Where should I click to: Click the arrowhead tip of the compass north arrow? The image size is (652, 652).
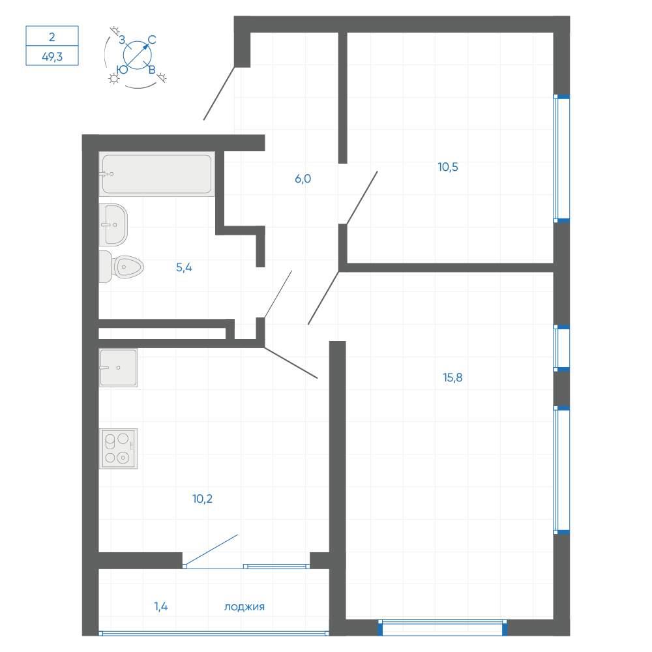tap(149, 44)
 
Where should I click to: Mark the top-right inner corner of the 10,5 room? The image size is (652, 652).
tap(553, 33)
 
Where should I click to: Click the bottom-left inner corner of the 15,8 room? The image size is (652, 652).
tap(346, 619)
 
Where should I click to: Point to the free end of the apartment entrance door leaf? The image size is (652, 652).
tap(203, 120)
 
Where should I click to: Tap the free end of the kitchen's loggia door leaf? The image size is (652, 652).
tap(238, 535)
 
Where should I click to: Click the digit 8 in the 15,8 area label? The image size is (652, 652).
tap(458, 378)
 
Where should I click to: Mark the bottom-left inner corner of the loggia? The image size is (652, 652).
tap(99, 631)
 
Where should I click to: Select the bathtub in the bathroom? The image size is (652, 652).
tap(156, 174)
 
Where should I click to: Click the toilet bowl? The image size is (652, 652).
tap(121, 267)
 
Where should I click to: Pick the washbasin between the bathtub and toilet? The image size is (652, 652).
tap(113, 224)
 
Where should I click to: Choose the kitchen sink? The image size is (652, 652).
tap(118, 368)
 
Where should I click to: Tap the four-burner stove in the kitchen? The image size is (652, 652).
tap(118, 449)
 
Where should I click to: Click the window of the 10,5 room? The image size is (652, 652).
tap(561, 158)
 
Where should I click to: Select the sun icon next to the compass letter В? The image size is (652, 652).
tap(162, 78)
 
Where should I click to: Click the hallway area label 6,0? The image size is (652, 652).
tap(303, 179)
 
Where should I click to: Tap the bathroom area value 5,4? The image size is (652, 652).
tap(184, 267)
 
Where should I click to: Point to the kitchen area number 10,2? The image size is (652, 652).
tap(203, 499)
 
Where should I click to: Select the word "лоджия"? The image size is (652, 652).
tap(244, 607)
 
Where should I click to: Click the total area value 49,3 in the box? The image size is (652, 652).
tap(52, 57)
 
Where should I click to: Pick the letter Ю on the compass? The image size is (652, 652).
tap(123, 70)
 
